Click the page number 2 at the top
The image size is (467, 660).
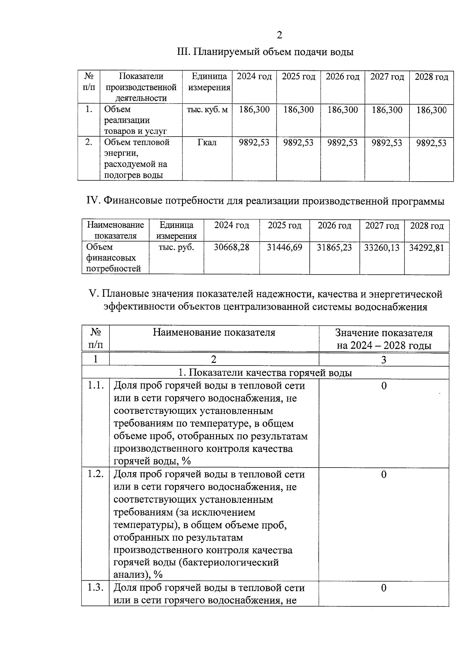[279, 35]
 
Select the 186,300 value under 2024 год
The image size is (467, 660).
[254, 110]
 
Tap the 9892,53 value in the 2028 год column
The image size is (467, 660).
[431, 143]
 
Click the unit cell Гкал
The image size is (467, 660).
[207, 143]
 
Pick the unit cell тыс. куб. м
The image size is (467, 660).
[207, 110]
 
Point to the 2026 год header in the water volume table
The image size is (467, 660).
[342, 77]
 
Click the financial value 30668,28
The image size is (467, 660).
[232, 247]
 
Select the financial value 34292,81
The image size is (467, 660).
[427, 248]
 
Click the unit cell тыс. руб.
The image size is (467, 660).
[176, 247]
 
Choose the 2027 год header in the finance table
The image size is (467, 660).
[382, 226]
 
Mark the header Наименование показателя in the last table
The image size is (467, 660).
[214, 333]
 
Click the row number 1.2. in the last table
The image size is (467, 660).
[95, 474]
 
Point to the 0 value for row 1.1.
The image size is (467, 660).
[384, 386]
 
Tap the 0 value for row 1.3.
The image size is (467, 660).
[384, 588]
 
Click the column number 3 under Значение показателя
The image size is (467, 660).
[384, 360]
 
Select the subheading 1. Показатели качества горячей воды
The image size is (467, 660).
[265, 373]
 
